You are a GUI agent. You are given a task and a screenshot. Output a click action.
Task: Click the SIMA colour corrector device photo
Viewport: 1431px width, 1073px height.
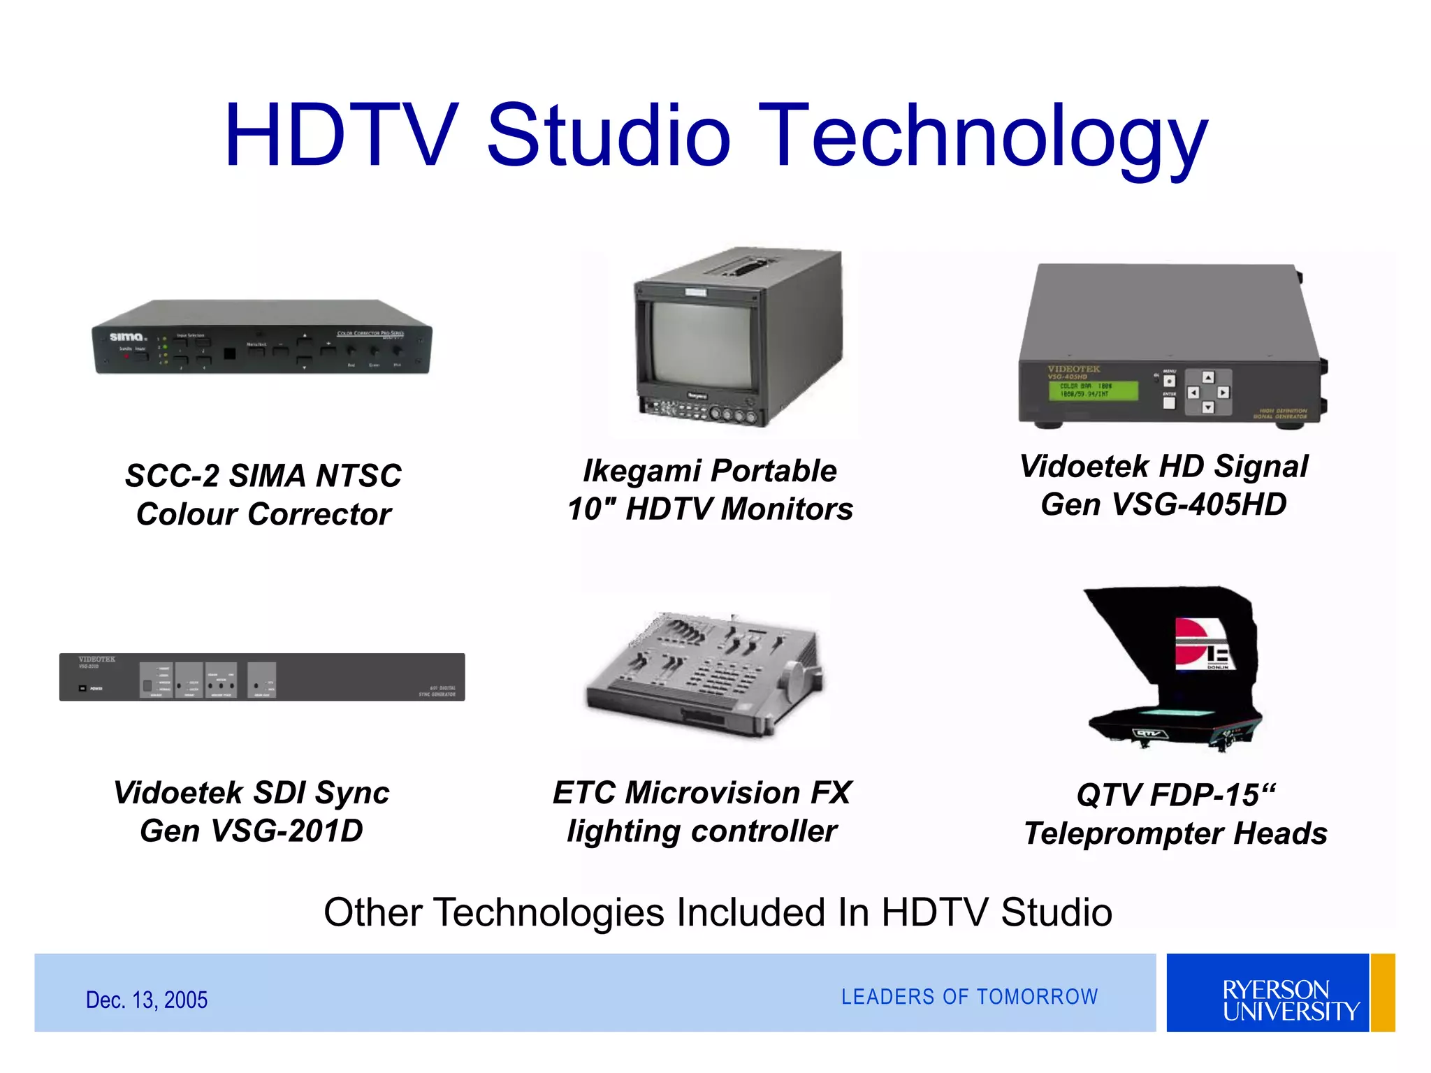click(262, 339)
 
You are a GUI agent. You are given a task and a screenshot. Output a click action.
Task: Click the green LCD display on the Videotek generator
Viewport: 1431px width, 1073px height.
click(1093, 390)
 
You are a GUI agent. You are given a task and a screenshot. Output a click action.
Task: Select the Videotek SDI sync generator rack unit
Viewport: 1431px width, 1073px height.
click(262, 677)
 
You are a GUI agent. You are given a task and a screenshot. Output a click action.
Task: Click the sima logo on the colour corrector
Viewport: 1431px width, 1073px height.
click(126, 337)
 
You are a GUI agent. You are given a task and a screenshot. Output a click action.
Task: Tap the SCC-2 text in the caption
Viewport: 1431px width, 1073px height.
click(172, 476)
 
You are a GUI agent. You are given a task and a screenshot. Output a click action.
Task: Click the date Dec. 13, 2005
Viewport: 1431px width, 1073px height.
click(147, 1000)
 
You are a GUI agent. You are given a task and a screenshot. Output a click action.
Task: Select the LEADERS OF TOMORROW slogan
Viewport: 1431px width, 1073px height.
click(969, 997)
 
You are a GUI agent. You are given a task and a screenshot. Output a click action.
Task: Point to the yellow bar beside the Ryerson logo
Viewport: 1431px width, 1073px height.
click(1383, 993)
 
